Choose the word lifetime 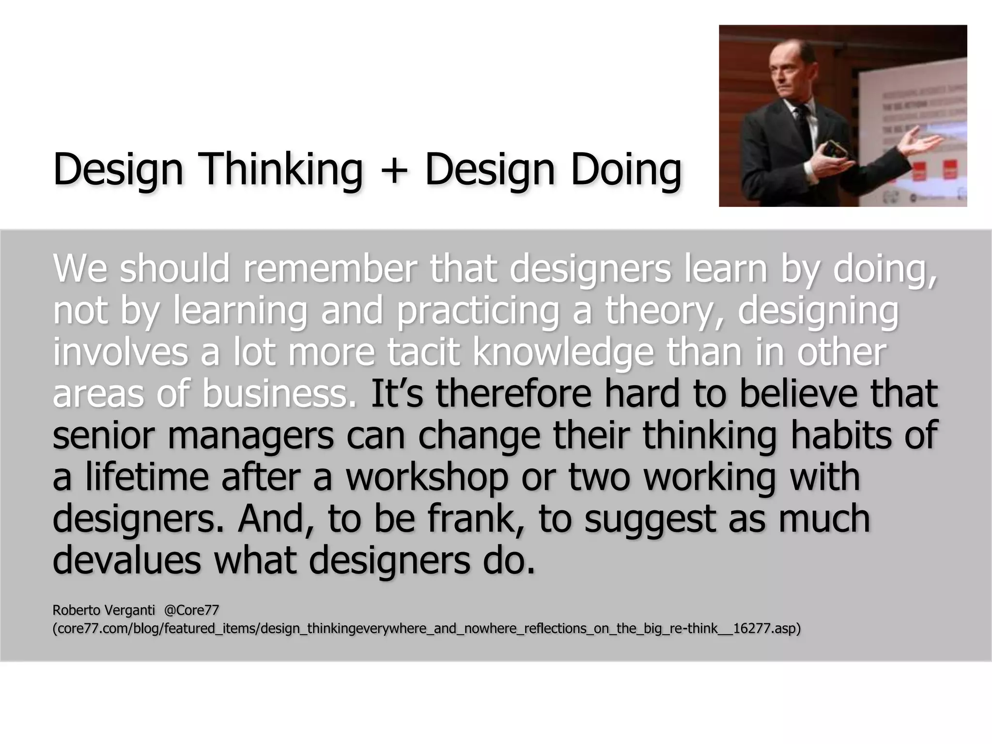(x=147, y=477)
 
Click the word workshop (x=427, y=477)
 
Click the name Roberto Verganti (x=104, y=610)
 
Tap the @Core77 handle (x=192, y=610)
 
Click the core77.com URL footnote (x=426, y=629)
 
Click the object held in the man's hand (x=836, y=150)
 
